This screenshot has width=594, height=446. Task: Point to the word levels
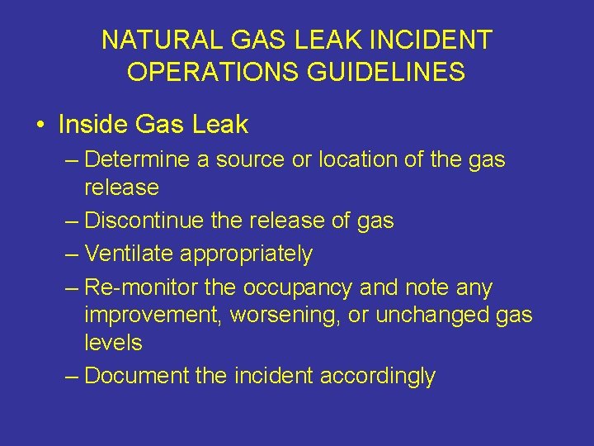coord(113,342)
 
